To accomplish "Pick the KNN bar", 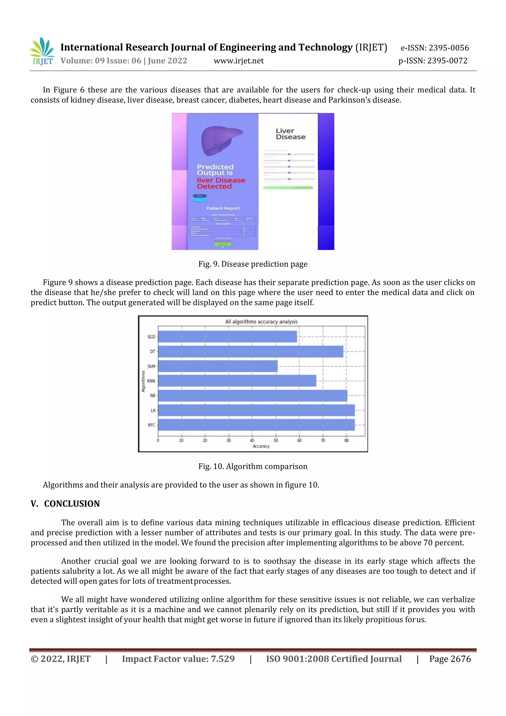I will pos(237,381).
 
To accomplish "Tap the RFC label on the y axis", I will pos(151,425).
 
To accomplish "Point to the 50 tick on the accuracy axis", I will pos(276,440).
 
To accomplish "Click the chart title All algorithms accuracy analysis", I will pos(261,321).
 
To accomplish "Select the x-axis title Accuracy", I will pos(261,446).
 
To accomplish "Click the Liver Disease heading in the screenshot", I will pos(290,134).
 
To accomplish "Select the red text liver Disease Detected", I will pos(221,183).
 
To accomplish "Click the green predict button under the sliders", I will pos(288,188).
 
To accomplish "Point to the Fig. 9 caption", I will pos(253,264).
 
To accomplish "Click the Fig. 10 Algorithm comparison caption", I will pos(253,467).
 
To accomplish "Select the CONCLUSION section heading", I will pos(72,504).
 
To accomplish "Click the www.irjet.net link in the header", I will pos(239,61).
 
